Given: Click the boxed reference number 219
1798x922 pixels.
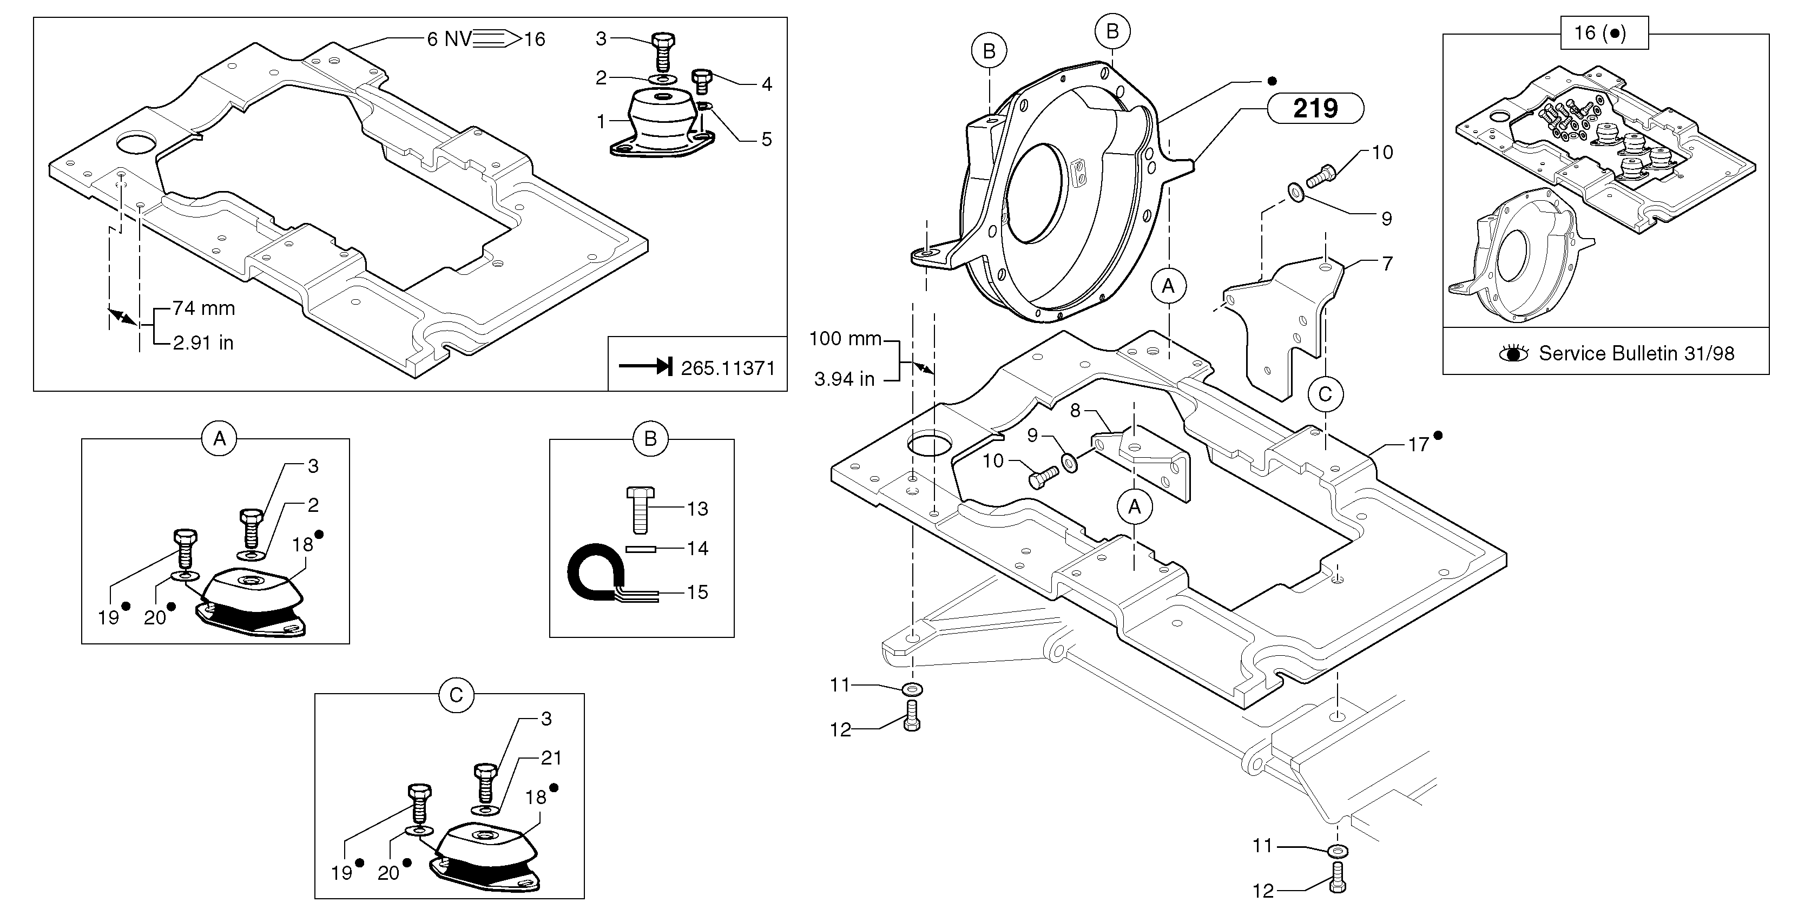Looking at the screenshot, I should (x=1315, y=108).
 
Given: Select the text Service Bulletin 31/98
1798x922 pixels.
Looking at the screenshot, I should (x=1636, y=353).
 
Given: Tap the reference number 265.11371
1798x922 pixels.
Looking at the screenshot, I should (x=727, y=368).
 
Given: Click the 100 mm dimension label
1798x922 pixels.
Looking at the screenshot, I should (x=845, y=339).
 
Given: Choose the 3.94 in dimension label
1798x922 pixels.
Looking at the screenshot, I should (x=844, y=379).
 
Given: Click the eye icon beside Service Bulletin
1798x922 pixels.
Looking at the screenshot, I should (x=1513, y=353).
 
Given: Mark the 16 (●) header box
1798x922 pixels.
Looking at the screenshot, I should (x=1604, y=33).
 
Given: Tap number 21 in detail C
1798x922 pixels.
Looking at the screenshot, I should (x=551, y=758).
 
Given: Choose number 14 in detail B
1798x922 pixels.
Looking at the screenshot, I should (x=697, y=548).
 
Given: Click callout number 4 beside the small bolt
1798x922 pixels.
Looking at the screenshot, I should (x=766, y=84).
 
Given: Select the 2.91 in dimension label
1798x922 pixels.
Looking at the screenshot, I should (x=203, y=343).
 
